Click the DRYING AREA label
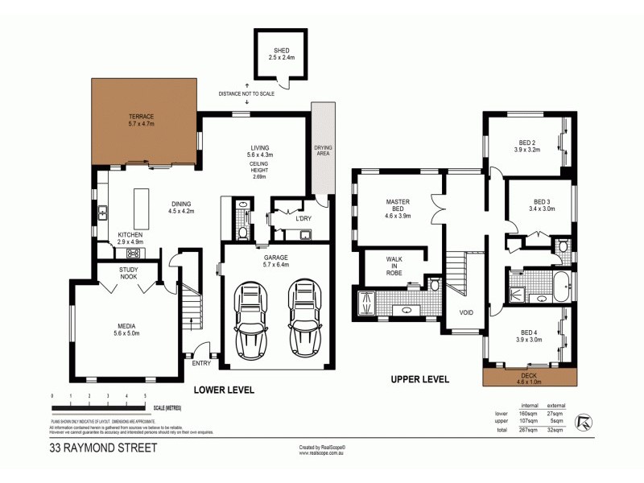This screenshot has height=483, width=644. pos(323,151)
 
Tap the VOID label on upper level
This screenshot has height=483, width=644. pos(466,312)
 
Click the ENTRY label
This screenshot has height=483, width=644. pos(201,363)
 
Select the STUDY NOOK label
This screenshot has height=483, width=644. pos(129,272)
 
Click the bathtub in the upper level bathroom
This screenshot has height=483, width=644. pos(560,284)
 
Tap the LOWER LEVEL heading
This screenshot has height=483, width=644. pos(224,390)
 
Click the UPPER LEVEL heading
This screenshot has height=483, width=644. pos(419,379)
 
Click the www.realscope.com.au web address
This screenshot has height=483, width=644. pos(321,452)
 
